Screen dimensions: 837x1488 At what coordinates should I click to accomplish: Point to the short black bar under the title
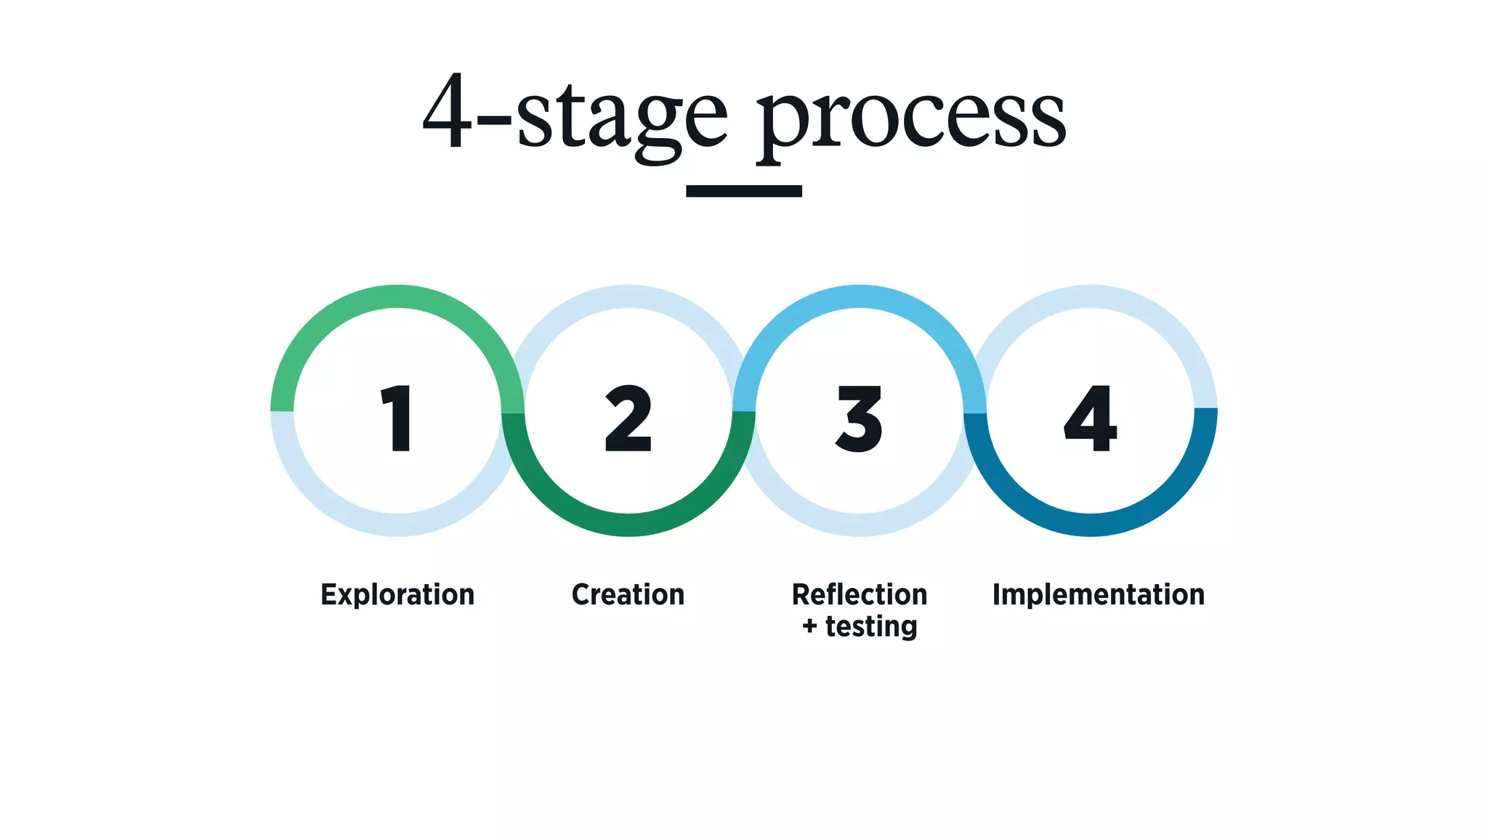point(743,191)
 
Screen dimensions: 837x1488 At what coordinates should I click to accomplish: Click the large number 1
point(397,418)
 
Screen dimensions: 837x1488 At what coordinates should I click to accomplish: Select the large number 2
point(628,418)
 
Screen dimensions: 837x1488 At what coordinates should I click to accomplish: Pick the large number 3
point(860,418)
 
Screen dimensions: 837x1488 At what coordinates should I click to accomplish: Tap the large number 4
point(1090,418)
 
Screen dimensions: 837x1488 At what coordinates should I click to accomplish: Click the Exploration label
point(397,594)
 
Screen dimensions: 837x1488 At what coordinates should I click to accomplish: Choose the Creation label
point(628,594)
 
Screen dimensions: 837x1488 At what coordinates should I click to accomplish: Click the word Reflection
point(860,594)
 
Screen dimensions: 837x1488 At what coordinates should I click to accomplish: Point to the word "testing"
point(871,626)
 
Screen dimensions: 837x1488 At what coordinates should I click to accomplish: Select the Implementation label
point(1099,594)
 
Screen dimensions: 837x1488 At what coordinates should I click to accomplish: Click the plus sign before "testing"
point(809,626)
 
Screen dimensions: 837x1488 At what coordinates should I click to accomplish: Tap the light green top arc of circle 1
point(397,296)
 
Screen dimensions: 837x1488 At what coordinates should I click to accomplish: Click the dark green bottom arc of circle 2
point(628,525)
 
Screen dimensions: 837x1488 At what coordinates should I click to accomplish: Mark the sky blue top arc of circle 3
point(860,296)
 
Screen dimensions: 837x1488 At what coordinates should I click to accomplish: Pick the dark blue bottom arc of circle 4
point(1090,525)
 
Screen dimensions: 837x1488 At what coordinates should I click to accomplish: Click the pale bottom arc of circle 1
point(397,525)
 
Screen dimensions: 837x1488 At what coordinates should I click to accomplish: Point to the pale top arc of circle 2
point(628,296)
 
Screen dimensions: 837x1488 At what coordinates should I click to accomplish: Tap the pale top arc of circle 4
point(1090,296)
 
